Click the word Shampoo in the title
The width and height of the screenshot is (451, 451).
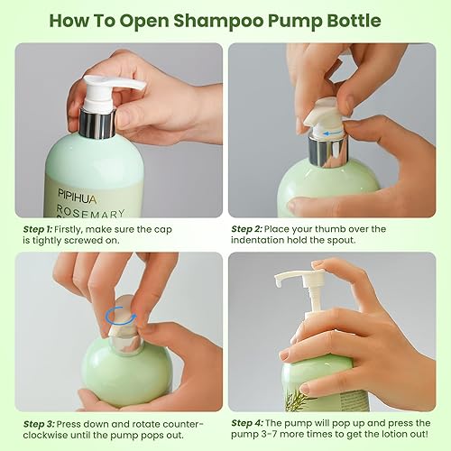coord(210,20)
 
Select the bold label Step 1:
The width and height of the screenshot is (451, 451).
coord(41,229)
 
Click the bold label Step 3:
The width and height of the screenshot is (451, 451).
coord(41,423)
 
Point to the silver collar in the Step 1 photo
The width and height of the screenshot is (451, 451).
coord(97,122)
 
